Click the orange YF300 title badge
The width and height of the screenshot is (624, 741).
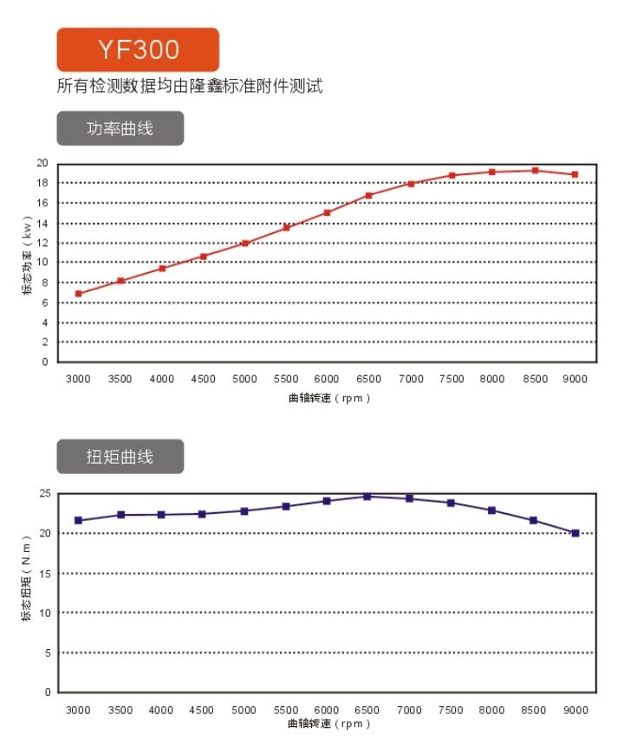tap(138, 49)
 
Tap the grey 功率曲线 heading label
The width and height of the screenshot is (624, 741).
tap(120, 128)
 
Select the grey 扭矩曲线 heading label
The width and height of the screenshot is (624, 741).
tap(120, 457)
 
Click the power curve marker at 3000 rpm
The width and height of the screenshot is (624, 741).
tap(79, 294)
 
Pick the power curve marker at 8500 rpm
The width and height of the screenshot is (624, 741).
tap(535, 171)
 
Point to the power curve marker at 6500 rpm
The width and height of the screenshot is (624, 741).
tap(368, 196)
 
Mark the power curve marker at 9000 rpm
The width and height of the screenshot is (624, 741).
tap(575, 174)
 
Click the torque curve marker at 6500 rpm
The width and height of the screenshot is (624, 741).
tap(367, 497)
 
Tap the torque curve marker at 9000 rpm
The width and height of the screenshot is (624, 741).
tap(575, 533)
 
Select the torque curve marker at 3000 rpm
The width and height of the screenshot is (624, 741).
tap(79, 521)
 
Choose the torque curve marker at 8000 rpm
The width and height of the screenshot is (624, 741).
tap(491, 510)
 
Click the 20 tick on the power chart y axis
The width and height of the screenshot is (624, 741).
tap(42, 163)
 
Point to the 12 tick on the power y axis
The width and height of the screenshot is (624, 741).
tap(42, 243)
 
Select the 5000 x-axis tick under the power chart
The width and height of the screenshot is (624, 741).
tap(244, 380)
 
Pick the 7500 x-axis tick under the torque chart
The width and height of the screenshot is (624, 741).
tap(451, 710)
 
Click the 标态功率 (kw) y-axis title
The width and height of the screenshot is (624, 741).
tap(27, 262)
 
